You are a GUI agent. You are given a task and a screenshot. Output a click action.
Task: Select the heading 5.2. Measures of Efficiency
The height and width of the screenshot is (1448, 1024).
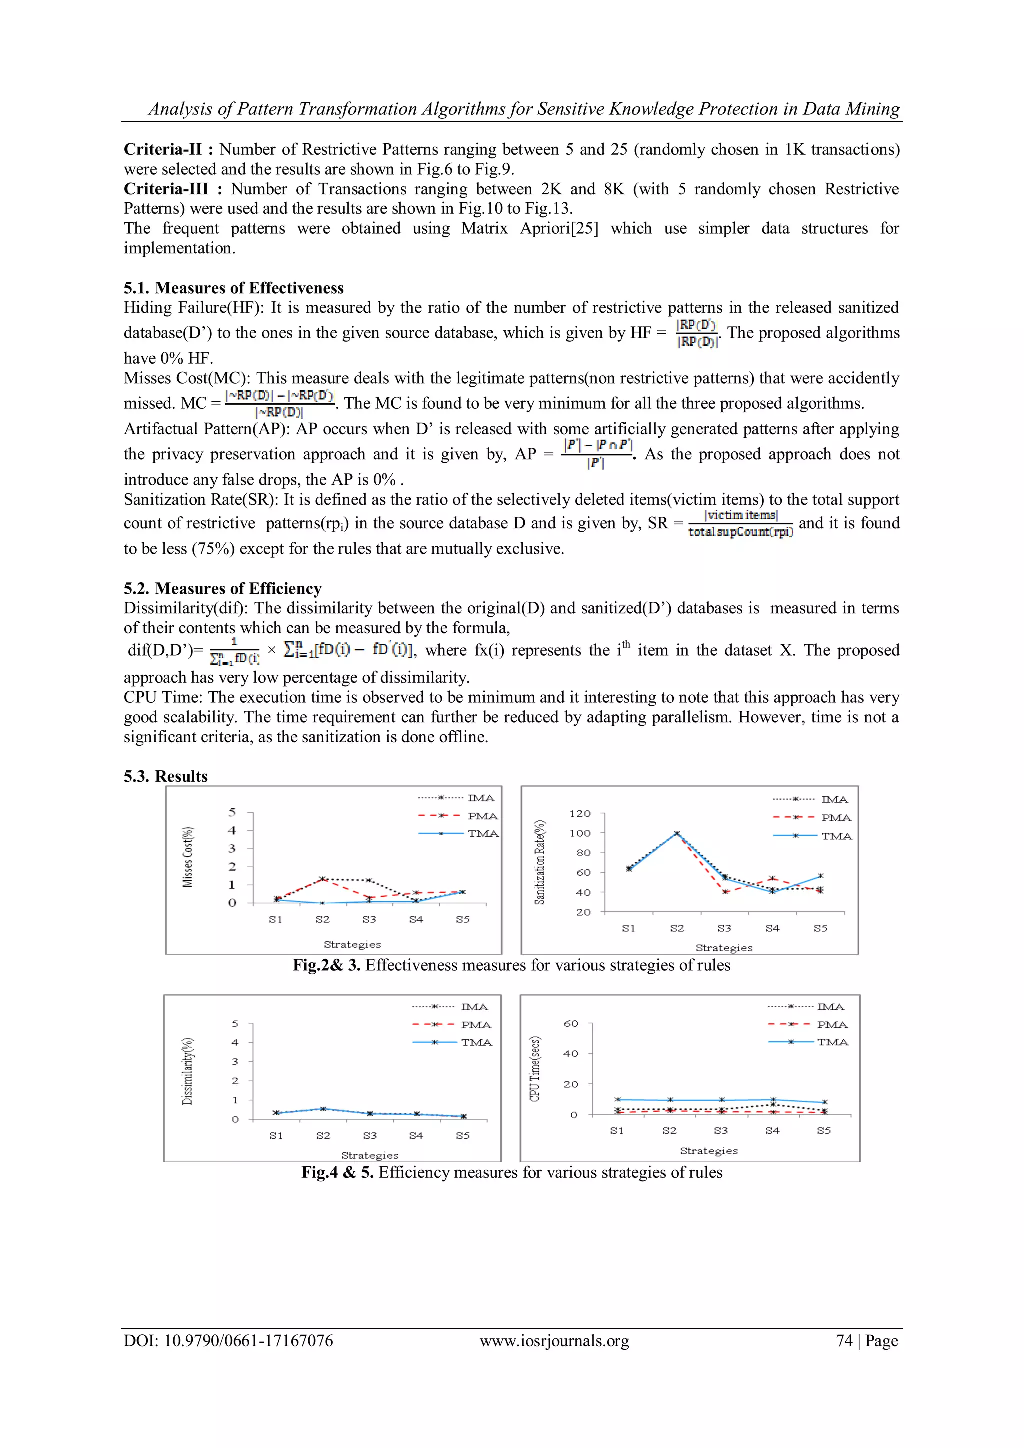tap(222, 588)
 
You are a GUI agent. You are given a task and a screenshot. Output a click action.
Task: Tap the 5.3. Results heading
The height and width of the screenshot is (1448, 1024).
tap(166, 776)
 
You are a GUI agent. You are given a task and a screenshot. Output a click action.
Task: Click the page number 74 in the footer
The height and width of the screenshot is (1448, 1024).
tap(844, 1341)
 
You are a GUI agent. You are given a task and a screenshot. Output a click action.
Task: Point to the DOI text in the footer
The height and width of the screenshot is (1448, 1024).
tap(228, 1341)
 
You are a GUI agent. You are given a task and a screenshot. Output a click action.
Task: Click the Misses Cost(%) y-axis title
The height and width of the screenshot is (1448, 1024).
tap(188, 857)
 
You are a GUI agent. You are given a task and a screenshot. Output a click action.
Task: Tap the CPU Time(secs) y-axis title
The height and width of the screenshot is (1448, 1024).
tap(535, 1069)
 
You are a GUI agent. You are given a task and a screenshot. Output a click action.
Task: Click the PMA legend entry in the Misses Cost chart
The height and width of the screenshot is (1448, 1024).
tap(482, 816)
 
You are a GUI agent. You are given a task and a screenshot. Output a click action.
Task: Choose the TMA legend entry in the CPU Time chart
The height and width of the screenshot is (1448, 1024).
tap(832, 1042)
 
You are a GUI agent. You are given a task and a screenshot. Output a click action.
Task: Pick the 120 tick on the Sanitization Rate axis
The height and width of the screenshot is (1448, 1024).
tap(580, 813)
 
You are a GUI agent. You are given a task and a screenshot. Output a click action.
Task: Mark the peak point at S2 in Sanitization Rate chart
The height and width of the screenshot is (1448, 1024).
tap(677, 833)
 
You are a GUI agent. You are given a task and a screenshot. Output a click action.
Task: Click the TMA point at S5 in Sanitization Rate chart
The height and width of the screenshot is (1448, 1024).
tap(820, 876)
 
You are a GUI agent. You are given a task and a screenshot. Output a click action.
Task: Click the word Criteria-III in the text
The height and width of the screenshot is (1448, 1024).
tap(166, 189)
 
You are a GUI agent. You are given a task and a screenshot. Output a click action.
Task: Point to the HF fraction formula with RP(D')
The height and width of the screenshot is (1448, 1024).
tap(696, 333)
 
